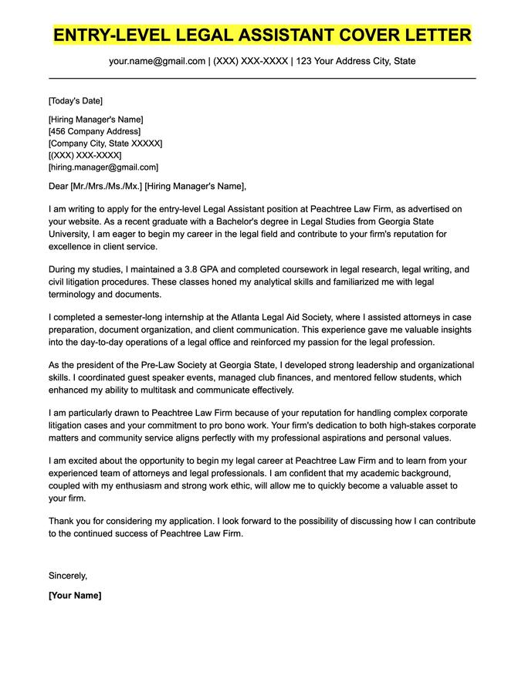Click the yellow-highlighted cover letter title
pyautogui.click(x=262, y=35)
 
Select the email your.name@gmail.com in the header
pyautogui.click(x=157, y=61)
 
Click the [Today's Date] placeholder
pyautogui.click(x=75, y=101)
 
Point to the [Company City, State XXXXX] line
pyautogui.click(x=105, y=144)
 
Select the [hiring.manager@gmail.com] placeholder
pyautogui.click(x=103, y=167)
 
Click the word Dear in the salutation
pyautogui.click(x=58, y=186)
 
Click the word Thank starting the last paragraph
pyautogui.click(x=61, y=521)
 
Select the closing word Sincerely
pyautogui.click(x=68, y=576)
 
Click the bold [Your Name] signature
pyautogui.click(x=75, y=596)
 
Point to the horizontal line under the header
pyautogui.click(x=262, y=78)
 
